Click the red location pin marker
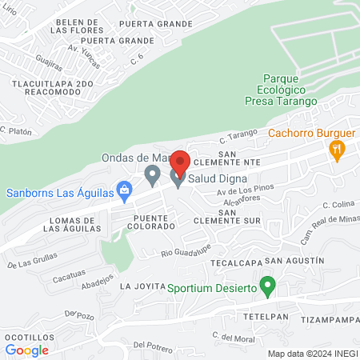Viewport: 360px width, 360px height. (x=179, y=161)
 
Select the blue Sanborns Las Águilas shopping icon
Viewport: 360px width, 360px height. (x=123, y=190)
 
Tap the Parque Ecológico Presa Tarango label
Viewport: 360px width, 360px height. (x=281, y=90)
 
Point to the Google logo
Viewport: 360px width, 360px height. (x=27, y=350)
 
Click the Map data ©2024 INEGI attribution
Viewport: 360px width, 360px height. (x=311, y=353)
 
